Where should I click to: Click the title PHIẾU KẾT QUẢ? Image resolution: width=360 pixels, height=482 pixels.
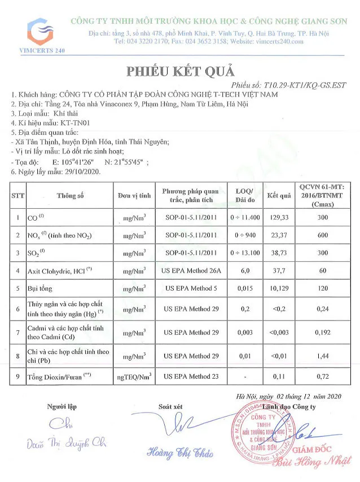click(179, 72)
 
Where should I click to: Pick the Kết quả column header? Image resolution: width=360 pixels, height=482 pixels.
click(279, 196)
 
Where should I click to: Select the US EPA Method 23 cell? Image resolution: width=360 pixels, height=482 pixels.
click(191, 375)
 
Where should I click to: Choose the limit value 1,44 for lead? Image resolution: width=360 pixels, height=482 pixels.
click(324, 356)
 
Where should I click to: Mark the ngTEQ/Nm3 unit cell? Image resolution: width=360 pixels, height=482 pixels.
click(134, 376)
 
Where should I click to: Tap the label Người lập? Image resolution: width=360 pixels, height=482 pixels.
click(63, 406)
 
